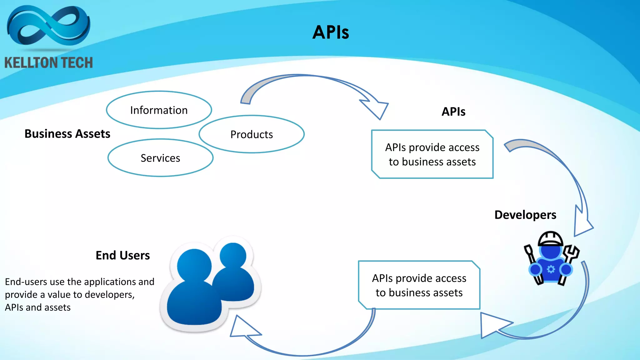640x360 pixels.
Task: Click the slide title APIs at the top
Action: click(x=331, y=32)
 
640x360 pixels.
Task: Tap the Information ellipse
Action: click(x=159, y=110)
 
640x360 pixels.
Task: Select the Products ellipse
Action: click(x=252, y=134)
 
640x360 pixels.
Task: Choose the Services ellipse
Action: click(x=160, y=158)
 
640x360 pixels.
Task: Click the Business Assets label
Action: click(x=67, y=134)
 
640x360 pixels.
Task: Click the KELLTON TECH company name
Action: click(x=48, y=62)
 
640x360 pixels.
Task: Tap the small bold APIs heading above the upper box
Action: click(x=453, y=112)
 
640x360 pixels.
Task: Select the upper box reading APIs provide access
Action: click(x=432, y=154)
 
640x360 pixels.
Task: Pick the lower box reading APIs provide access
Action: click(x=419, y=285)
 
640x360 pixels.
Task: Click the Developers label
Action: click(x=525, y=215)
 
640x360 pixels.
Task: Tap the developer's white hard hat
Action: click(x=551, y=238)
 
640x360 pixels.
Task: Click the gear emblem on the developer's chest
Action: click(x=551, y=269)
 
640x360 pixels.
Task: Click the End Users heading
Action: click(x=122, y=255)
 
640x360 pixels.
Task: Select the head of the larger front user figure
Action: click(x=194, y=266)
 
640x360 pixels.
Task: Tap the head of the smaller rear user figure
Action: click(x=232, y=256)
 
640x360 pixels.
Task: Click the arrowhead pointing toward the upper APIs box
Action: click(x=377, y=109)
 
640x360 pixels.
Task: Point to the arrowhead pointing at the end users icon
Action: click(x=242, y=328)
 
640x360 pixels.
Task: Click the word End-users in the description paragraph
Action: click(x=26, y=282)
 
